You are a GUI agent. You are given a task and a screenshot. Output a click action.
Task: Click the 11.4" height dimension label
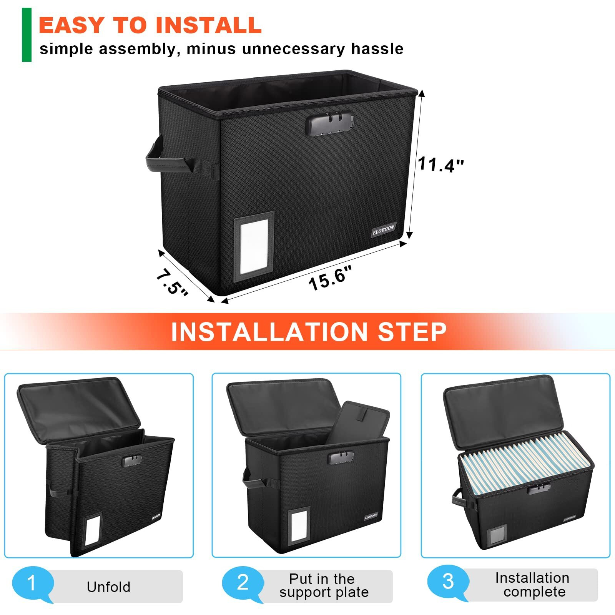(440, 164)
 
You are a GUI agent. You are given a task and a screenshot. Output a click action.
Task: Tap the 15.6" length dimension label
(330, 278)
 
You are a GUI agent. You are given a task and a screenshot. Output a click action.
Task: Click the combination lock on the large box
(329, 123)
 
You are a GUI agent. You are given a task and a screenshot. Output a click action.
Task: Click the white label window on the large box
(254, 246)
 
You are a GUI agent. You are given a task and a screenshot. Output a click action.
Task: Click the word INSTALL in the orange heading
(208, 25)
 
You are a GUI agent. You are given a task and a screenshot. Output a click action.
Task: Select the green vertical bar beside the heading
(27, 35)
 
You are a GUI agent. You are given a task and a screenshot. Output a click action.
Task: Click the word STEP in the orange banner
(412, 332)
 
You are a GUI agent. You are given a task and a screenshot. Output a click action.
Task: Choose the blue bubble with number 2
(243, 583)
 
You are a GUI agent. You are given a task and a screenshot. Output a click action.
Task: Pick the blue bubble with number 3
(448, 582)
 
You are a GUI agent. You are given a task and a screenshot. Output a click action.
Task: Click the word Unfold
(108, 587)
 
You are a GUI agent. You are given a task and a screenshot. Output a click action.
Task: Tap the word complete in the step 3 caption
(534, 592)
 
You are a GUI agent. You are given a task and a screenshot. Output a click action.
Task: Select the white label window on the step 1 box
(92, 530)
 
